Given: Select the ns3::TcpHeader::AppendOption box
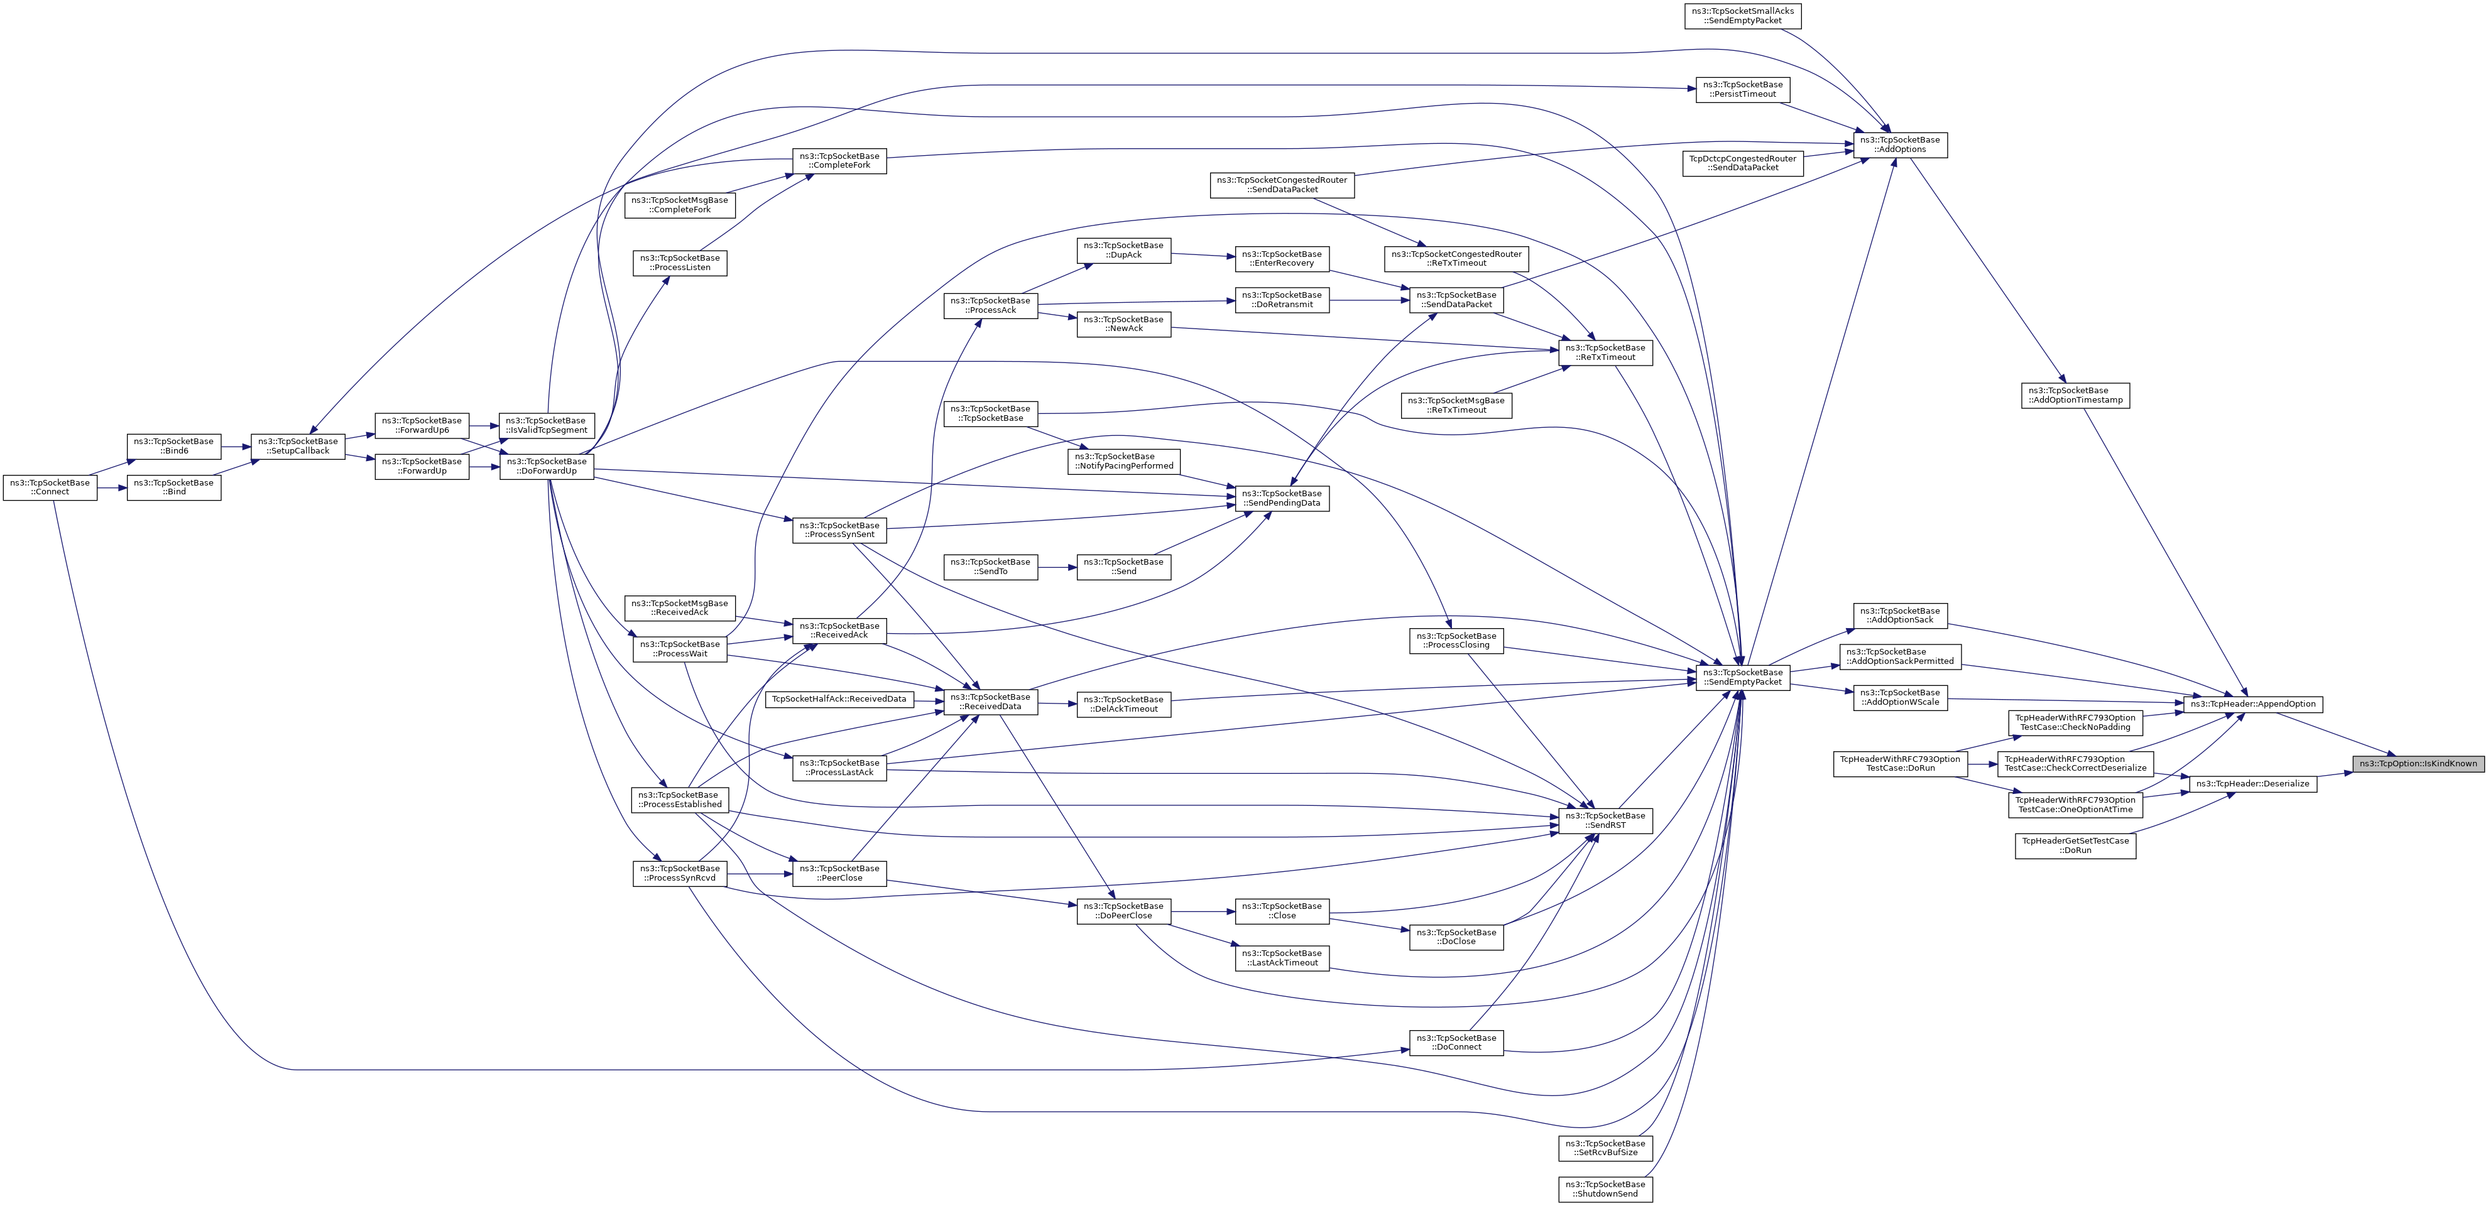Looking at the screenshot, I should tap(2252, 704).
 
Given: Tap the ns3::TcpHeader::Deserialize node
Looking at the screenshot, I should tap(2252, 783).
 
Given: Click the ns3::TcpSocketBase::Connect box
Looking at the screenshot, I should tap(50, 487).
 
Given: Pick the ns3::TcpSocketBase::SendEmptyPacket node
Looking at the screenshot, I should tap(1742, 677).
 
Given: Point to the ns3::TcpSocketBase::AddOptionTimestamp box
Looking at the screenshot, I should tap(2075, 395).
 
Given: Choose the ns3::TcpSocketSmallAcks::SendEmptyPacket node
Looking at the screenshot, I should tap(1742, 16).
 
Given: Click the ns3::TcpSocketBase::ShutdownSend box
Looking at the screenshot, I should tap(1605, 1188).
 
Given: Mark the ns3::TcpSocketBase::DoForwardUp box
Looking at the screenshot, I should tap(546, 466).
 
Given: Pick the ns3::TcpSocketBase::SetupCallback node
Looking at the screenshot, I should tap(297, 446).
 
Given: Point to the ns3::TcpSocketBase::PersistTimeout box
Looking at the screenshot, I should tap(1742, 89).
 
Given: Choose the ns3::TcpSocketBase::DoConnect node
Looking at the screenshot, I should tap(1456, 1043).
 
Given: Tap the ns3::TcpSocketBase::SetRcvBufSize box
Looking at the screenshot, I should tap(1605, 1147).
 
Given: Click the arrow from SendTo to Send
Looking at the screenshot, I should tap(1057, 567).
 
